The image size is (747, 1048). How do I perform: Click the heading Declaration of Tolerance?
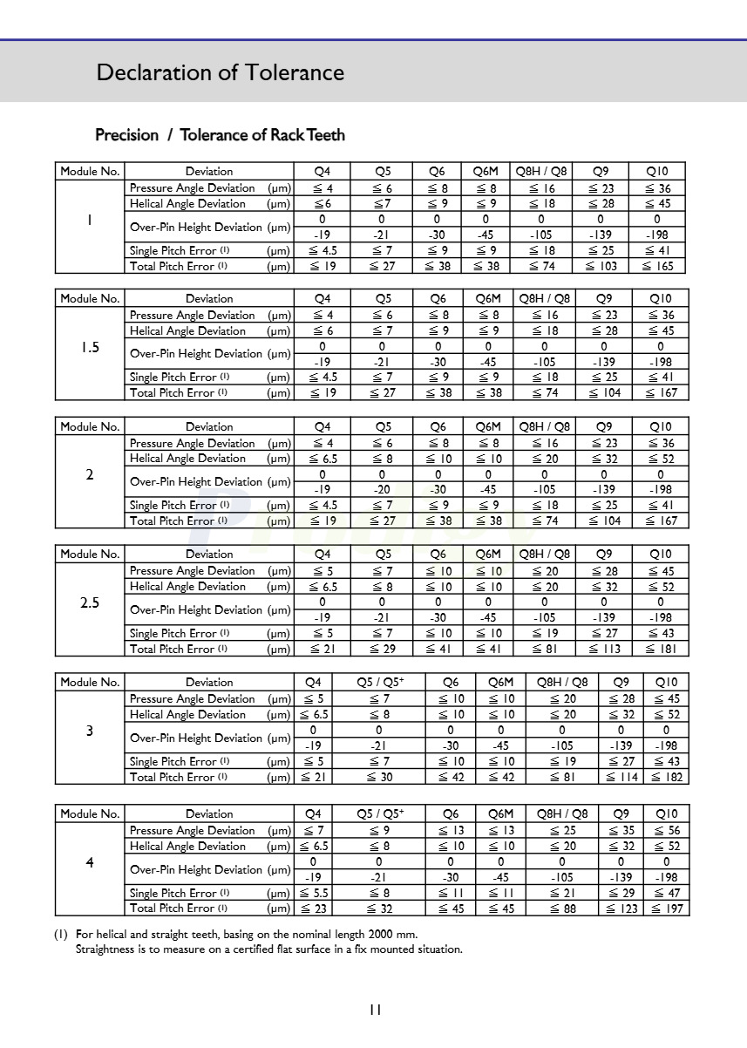(220, 72)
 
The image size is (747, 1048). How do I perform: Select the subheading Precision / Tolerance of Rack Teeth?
(220, 135)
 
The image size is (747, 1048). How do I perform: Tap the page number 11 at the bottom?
(375, 1010)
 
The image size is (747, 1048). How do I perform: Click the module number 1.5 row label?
(90, 347)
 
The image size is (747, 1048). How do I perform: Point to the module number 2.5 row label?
(90, 602)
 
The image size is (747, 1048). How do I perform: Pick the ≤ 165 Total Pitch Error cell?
(658, 266)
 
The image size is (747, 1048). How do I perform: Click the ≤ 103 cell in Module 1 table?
(601, 266)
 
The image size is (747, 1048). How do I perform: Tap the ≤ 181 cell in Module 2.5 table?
(660, 649)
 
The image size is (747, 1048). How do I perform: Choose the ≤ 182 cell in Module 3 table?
(666, 777)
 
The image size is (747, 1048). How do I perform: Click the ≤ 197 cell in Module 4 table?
(666, 908)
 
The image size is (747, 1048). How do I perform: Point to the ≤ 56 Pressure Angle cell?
(666, 831)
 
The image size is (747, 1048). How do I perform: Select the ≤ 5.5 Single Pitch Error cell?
(313, 893)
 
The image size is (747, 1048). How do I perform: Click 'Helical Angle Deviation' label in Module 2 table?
(187, 459)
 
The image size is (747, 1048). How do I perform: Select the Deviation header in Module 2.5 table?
(209, 554)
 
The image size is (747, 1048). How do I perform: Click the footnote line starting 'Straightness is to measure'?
(268, 949)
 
